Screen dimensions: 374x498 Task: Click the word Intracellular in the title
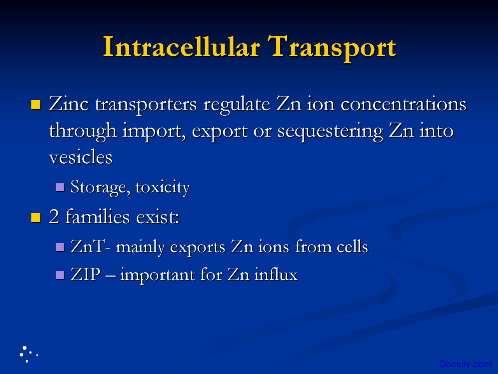click(181, 47)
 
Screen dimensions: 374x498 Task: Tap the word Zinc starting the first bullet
click(69, 104)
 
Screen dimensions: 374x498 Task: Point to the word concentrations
click(403, 104)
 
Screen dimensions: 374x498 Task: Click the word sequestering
click(330, 131)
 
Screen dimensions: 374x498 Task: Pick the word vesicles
click(81, 157)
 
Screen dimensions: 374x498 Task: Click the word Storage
click(100, 187)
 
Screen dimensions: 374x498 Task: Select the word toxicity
click(163, 187)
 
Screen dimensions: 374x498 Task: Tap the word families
click(97, 217)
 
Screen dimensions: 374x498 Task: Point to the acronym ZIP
click(86, 275)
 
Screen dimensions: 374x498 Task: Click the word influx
click(276, 275)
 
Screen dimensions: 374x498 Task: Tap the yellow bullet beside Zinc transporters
click(36, 104)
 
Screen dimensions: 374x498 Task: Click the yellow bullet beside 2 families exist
click(36, 217)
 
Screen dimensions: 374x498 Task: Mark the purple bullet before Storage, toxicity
click(60, 187)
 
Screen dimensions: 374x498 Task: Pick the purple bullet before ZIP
click(60, 275)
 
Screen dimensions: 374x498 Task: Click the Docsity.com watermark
click(465, 364)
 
